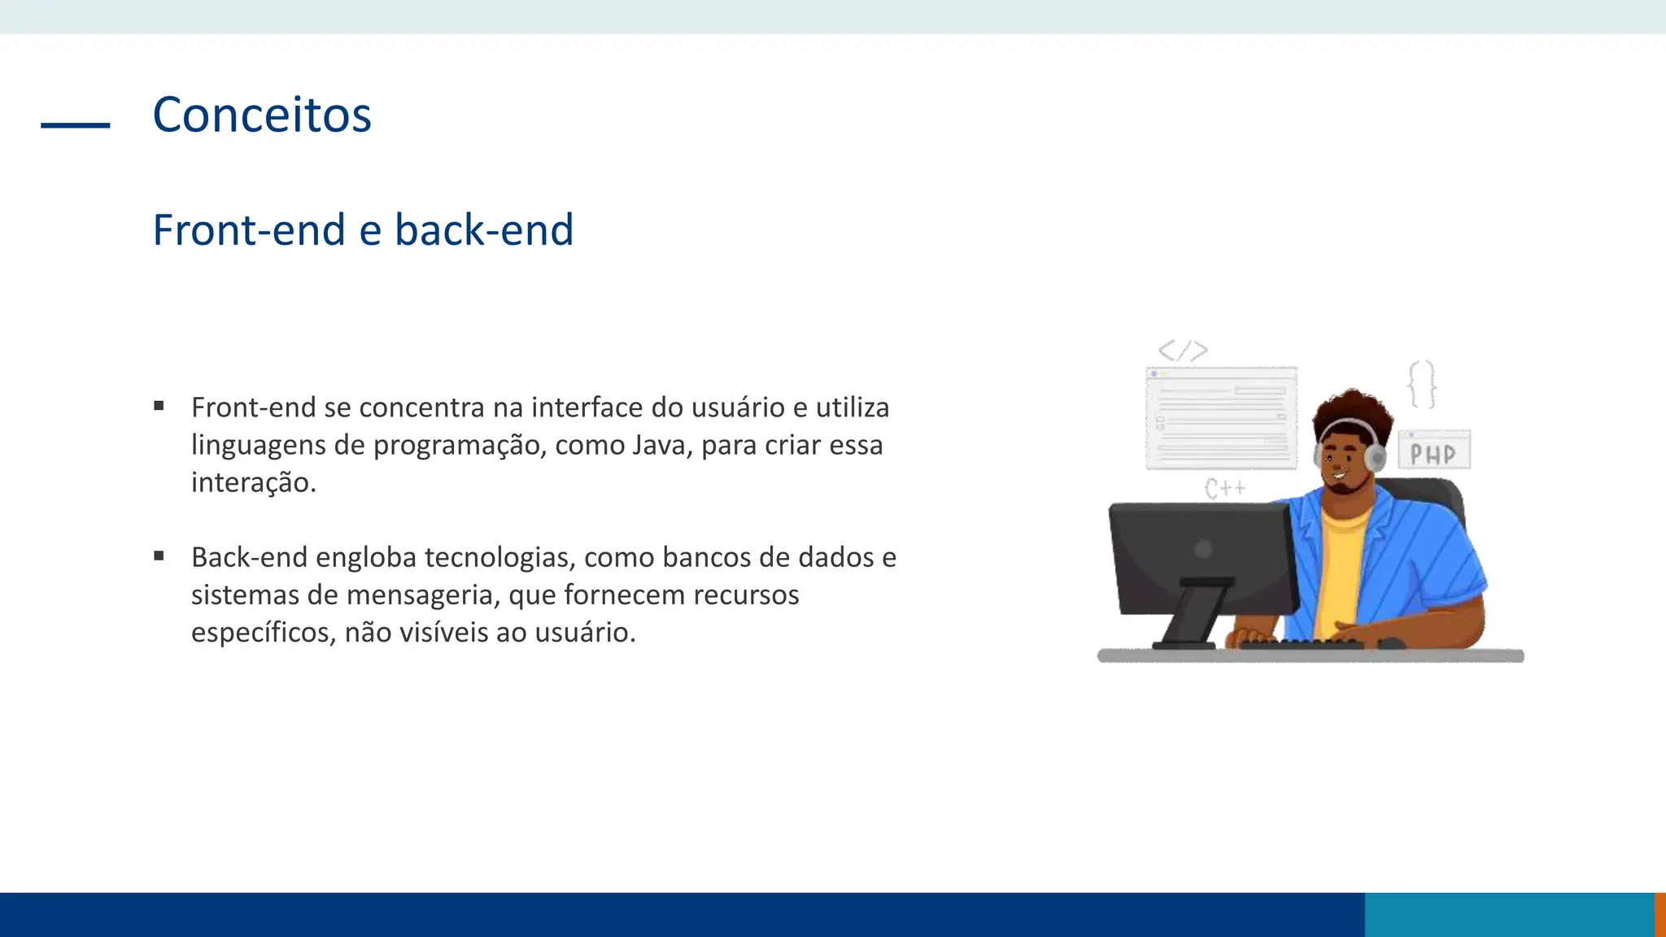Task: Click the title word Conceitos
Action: pos(261,115)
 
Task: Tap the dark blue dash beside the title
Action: pos(75,124)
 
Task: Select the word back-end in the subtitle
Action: pos(484,229)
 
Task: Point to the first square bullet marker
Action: pos(159,405)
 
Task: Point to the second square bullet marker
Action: pos(159,556)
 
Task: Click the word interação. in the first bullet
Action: pos(253,482)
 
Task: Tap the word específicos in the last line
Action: pos(259,632)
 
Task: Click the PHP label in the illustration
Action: pos(1433,453)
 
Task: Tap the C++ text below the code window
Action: pos(1224,488)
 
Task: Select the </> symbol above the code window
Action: pos(1183,351)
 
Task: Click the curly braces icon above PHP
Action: pos(1421,384)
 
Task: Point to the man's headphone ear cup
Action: pos(1376,457)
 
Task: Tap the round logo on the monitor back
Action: pos(1203,549)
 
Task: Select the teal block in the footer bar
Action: pos(1508,914)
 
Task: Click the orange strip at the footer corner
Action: pos(1659,914)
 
